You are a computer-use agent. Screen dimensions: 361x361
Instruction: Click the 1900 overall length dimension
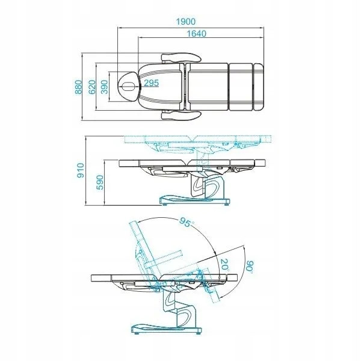185,22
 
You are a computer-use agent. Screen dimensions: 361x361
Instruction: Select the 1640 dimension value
196,34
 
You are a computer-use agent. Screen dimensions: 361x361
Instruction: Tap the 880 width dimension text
78,87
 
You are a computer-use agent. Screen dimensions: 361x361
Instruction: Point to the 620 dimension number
92,87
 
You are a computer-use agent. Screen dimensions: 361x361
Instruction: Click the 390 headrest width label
104,87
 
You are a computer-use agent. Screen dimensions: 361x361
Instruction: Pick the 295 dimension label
151,83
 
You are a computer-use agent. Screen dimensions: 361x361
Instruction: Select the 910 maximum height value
81,170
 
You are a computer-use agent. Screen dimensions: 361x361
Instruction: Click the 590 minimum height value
100,182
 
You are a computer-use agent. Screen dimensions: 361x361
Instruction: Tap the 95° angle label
187,222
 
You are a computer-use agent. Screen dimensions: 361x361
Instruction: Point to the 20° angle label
224,265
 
